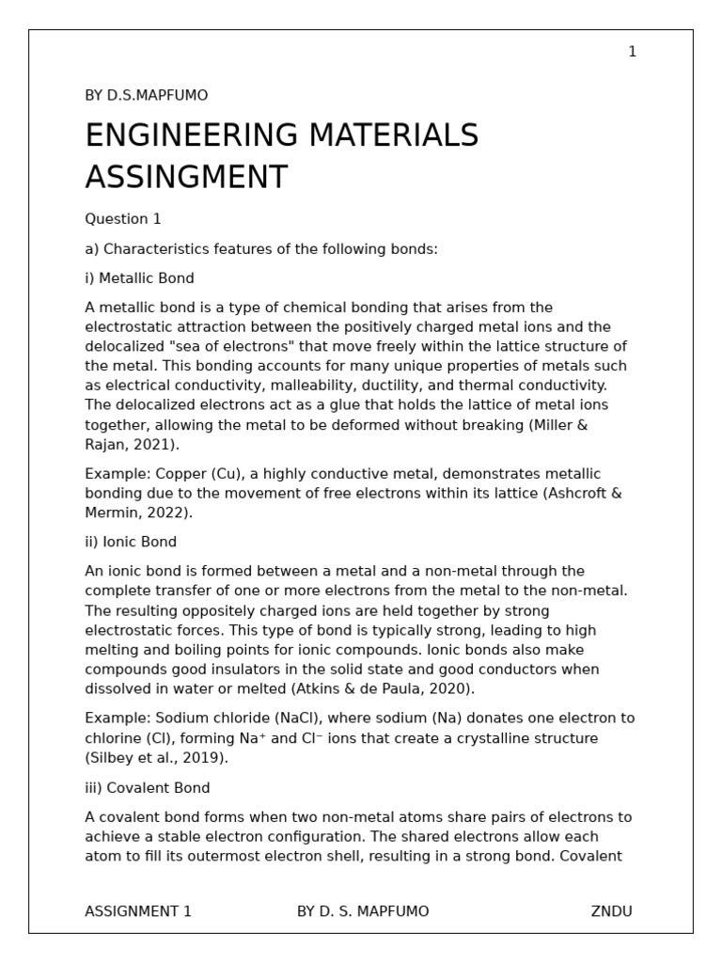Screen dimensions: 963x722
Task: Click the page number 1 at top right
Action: pos(632,52)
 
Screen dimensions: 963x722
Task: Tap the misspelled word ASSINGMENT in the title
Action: pos(186,177)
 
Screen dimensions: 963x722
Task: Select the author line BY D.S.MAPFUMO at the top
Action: pos(146,96)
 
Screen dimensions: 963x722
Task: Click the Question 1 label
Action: pos(123,219)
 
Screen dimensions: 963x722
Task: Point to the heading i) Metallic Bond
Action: pos(139,278)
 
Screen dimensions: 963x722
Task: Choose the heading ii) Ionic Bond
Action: pos(131,542)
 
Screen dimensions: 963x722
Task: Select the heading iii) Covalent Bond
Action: pos(148,787)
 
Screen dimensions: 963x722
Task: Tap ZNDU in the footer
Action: pos(611,911)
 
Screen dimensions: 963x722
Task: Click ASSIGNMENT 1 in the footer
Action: pos(138,911)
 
